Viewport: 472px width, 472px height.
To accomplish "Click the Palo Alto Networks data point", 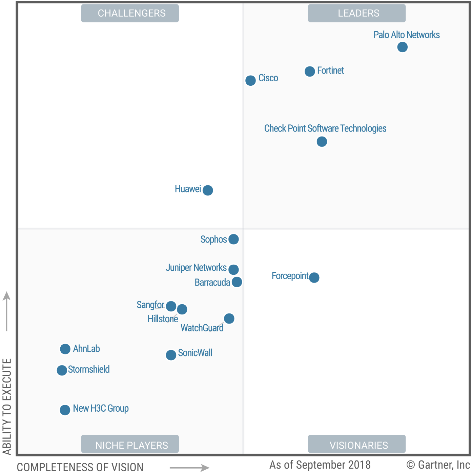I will [x=402, y=47].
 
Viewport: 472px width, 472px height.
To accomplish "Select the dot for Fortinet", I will [x=310, y=71].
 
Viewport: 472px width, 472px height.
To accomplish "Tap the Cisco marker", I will [x=250, y=81].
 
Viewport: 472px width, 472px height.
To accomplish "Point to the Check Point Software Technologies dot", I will [x=322, y=142].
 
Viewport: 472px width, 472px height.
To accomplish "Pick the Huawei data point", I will [x=208, y=190].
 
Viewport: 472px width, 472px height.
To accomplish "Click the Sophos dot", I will [x=233, y=239].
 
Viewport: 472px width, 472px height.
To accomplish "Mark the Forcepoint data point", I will [x=314, y=278].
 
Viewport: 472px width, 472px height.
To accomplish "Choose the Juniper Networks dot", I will [x=233, y=269].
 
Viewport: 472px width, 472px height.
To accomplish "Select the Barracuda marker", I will [x=237, y=282].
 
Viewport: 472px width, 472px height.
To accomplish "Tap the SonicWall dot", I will [x=171, y=355].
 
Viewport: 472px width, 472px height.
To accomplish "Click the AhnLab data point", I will [x=65, y=349].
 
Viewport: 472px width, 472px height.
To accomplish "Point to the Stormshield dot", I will [x=62, y=370].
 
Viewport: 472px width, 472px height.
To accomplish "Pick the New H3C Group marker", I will [x=65, y=410].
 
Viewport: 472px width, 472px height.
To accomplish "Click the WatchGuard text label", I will [x=202, y=328].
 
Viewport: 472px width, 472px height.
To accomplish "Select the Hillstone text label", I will [x=163, y=319].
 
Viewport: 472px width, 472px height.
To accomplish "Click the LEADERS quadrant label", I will [x=358, y=13].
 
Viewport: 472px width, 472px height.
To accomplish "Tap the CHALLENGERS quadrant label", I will [x=131, y=13].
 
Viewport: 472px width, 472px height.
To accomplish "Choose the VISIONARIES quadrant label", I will [x=358, y=445].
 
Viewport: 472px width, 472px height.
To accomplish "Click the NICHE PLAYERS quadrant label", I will [x=131, y=445].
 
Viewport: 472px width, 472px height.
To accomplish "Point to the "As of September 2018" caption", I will [x=320, y=465].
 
